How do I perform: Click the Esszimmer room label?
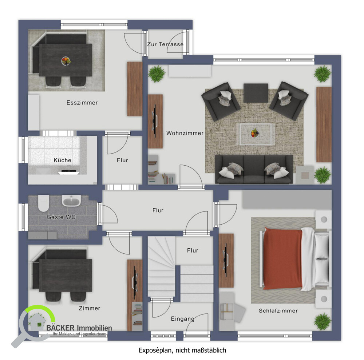pyautogui.click(x=82, y=103)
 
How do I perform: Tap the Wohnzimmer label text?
pyautogui.click(x=185, y=133)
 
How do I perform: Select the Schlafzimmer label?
pyautogui.click(x=278, y=310)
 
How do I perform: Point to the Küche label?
pyautogui.click(x=62, y=160)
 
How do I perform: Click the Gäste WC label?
pyautogui.click(x=61, y=217)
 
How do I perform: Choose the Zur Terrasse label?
pyautogui.click(x=165, y=44)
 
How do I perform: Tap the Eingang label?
pyautogui.click(x=182, y=319)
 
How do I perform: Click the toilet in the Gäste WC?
pyautogui.click(x=43, y=203)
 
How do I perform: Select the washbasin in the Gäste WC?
pyautogui.click(x=71, y=201)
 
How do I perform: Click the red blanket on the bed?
pyautogui.click(x=283, y=259)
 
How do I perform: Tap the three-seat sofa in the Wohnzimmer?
pyautogui.click(x=254, y=169)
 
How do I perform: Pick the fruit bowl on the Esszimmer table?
pyautogui.click(x=66, y=61)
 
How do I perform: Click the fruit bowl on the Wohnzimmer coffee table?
pyautogui.click(x=255, y=133)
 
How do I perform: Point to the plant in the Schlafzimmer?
pyautogui.click(x=323, y=322)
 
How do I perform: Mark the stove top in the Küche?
pyautogui.click(x=69, y=172)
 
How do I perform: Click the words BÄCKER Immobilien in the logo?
pyautogui.click(x=79, y=328)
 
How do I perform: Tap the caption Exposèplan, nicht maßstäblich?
pyautogui.click(x=182, y=350)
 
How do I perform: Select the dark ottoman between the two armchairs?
pyautogui.click(x=256, y=93)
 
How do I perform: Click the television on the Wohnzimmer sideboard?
pyautogui.click(x=154, y=121)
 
